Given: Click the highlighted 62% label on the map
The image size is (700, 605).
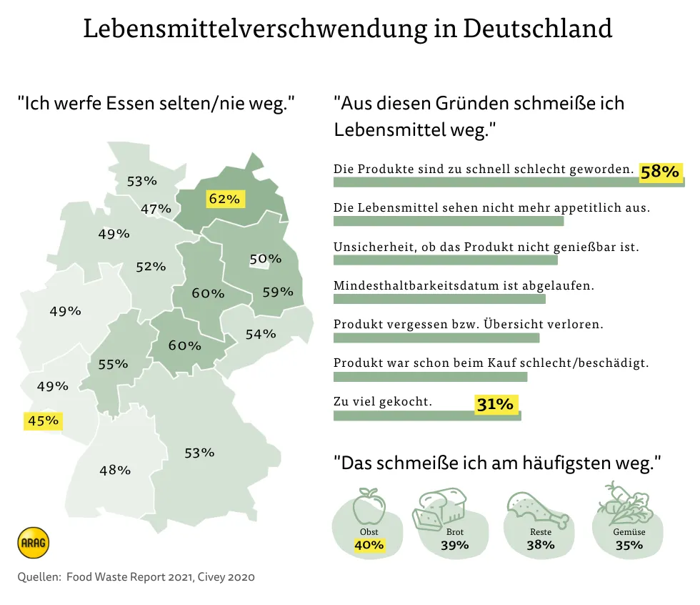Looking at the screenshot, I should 224,199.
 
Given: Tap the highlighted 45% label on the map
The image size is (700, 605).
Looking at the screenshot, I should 43,420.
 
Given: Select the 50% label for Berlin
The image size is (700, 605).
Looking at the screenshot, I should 261,259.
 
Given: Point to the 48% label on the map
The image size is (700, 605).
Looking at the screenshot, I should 115,470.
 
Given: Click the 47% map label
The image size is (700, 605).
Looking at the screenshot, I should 156,209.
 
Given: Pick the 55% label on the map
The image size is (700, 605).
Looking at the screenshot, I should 113,364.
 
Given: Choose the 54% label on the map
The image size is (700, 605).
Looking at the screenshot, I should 261,333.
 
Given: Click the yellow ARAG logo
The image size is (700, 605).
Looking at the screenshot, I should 33,543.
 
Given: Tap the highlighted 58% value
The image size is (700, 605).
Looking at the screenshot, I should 659,172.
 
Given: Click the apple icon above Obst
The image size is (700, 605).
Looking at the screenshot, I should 369,506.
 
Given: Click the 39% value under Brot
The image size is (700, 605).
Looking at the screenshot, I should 454,545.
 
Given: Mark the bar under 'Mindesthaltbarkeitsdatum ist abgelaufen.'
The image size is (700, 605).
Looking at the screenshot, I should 439,299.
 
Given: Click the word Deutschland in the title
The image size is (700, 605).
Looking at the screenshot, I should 537,28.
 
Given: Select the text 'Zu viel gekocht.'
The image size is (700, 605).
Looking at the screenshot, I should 383,401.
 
